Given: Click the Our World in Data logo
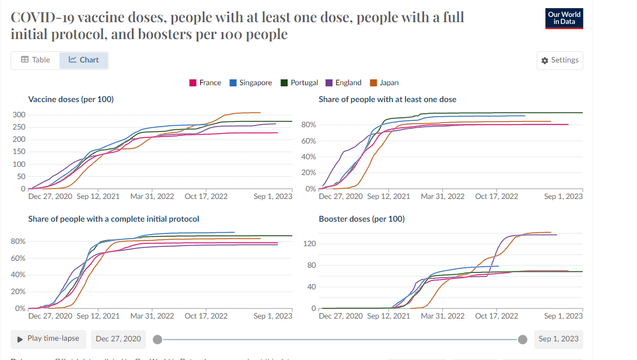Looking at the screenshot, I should (565, 18).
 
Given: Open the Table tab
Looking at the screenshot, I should (36, 60).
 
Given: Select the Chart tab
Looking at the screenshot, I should (84, 60).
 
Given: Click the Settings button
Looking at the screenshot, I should (559, 61).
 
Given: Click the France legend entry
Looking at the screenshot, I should (205, 83).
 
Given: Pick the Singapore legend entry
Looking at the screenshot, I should (251, 83).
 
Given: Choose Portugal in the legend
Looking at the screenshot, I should (300, 83).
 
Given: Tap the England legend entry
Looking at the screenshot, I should (344, 83).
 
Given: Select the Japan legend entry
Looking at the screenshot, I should (385, 83).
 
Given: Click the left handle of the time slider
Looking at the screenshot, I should (157, 340).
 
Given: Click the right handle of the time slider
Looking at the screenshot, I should (523, 340).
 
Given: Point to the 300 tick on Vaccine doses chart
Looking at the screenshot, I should (19, 114).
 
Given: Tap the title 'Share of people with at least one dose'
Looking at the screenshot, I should (387, 100).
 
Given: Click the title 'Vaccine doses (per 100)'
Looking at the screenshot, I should (71, 100).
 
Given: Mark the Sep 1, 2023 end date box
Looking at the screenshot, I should (558, 339).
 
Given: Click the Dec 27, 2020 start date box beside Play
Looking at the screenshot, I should (118, 339).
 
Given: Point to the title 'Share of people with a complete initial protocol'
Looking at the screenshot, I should (114, 219).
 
